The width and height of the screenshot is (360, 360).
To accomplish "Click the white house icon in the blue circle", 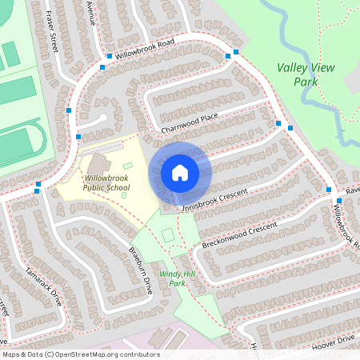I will (x=179, y=172).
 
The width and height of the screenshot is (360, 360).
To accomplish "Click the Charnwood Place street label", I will (x=189, y=126).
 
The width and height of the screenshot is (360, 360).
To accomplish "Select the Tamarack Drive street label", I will (x=44, y=284).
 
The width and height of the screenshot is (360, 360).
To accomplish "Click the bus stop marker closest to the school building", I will (x=78, y=137).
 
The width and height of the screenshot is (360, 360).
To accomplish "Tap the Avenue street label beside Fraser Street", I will (x=91, y=14).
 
